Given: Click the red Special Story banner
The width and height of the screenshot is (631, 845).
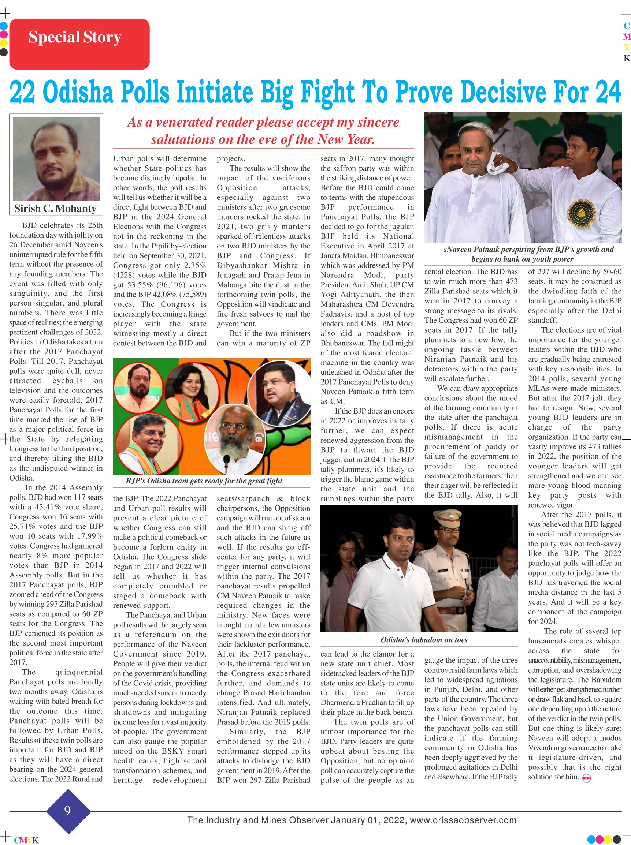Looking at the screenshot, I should pyautogui.click(x=79, y=44).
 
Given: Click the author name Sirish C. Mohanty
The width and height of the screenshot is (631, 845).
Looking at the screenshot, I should pyautogui.click(x=55, y=209).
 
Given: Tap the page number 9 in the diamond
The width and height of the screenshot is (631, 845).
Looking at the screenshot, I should pyautogui.click(x=68, y=810).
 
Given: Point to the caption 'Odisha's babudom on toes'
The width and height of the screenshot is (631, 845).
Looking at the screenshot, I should pyautogui.click(x=424, y=640).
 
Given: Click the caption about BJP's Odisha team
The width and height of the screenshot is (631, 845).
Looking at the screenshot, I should pyautogui.click(x=204, y=481).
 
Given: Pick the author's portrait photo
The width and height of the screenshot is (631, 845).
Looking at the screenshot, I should pyautogui.click(x=56, y=158).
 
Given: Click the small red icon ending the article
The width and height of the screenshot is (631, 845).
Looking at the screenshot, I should pyautogui.click(x=586, y=778).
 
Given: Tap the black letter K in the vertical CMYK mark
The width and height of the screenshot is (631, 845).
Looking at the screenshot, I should pyautogui.click(x=626, y=59).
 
